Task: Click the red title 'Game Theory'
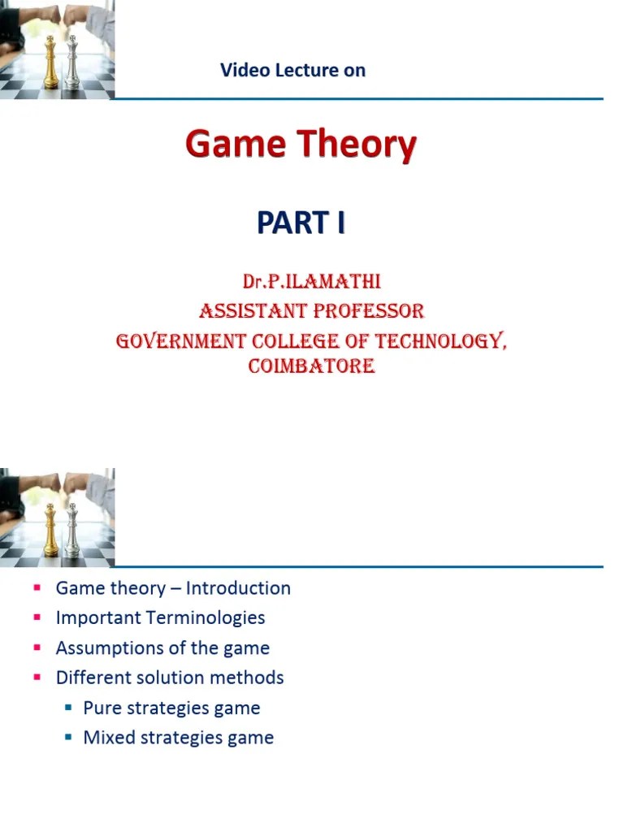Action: click(x=301, y=146)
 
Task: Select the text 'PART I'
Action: click(x=301, y=222)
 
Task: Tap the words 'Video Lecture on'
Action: click(x=292, y=71)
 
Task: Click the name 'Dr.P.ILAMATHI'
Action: click(x=311, y=282)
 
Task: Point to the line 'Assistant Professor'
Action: click(x=311, y=310)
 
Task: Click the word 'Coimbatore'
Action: click(x=311, y=366)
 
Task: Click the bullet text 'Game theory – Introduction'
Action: click(x=172, y=588)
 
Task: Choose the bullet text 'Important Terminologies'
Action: click(x=160, y=617)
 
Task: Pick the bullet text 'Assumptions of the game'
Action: click(x=162, y=648)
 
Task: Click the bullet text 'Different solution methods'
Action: click(x=170, y=678)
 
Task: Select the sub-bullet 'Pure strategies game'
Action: click(x=171, y=708)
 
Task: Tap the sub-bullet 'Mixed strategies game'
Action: click(x=178, y=738)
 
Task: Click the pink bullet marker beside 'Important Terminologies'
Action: click(x=37, y=618)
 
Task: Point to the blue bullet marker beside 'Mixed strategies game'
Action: click(x=68, y=739)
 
